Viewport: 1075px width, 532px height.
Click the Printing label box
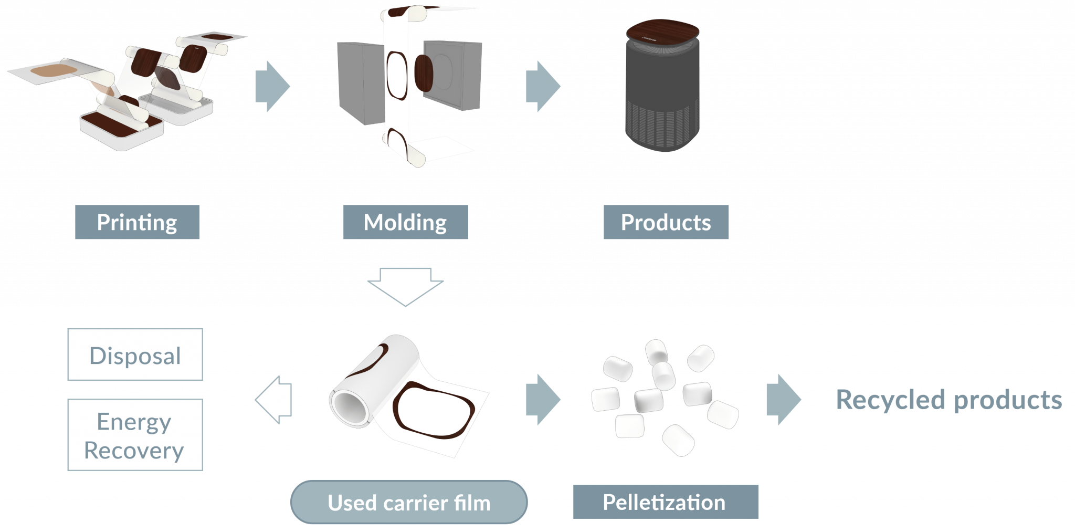click(137, 222)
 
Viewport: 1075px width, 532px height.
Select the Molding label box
click(406, 222)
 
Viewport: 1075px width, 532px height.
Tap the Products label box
click(666, 222)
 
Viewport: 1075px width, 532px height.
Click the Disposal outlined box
click(135, 354)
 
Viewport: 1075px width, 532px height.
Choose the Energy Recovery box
click(135, 435)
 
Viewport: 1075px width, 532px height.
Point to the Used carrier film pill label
click(409, 502)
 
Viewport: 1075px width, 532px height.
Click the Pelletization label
click(666, 502)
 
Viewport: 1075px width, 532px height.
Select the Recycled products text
click(949, 400)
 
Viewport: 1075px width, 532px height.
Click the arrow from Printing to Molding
click(272, 87)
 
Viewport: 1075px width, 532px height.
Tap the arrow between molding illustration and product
click(543, 87)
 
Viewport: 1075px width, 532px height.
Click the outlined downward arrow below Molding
click(405, 287)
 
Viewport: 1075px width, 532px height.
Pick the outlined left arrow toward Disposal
click(273, 400)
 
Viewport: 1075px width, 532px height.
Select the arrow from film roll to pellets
click(543, 400)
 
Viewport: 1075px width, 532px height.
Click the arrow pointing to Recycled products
click(784, 400)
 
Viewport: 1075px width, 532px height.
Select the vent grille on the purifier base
click(660, 125)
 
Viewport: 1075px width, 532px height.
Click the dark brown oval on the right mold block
click(424, 72)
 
